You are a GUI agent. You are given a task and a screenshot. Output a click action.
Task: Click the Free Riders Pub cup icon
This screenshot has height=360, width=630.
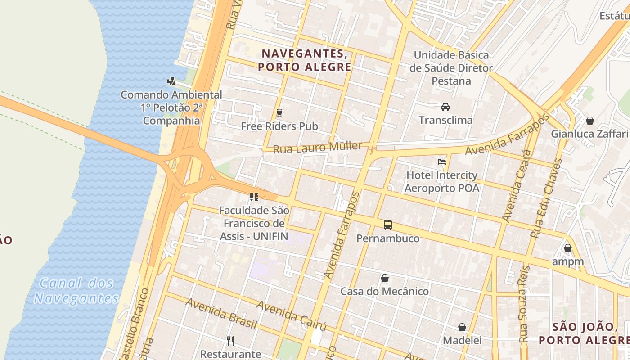pos(279,112)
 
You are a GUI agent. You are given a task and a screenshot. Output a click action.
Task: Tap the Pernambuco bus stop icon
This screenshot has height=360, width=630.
pos(387,225)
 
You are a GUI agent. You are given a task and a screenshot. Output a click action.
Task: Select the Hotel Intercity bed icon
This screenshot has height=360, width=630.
pos(442,162)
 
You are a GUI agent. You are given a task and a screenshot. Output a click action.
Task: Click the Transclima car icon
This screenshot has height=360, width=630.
pos(445,107)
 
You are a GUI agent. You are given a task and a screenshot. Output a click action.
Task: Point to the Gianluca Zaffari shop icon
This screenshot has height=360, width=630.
pos(589,120)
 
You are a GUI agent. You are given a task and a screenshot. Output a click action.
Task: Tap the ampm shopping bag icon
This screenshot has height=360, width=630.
pos(568,248)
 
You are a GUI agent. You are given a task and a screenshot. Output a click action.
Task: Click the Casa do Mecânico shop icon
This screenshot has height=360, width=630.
pos(385,278)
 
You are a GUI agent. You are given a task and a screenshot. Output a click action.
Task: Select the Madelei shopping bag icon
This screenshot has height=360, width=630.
pos(462,327)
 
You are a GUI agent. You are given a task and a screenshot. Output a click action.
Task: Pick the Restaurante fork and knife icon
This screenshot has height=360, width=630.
pos(230,341)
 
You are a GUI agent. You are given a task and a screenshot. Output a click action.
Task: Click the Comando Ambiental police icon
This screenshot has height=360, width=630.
pos(171,81)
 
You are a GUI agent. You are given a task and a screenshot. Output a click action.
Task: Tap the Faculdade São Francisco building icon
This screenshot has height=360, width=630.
pos(254,197)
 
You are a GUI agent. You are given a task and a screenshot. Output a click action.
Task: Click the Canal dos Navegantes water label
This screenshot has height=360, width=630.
pos(76,291)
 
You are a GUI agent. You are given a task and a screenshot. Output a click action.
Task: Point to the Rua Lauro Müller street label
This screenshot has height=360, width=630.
pos(318,147)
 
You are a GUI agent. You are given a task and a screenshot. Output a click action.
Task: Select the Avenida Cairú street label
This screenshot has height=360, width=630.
pos(291,315)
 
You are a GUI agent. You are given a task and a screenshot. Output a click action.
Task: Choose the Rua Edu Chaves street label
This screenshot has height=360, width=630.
pos(546,198)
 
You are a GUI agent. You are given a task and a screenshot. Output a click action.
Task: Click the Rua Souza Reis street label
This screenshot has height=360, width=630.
pos(525,304)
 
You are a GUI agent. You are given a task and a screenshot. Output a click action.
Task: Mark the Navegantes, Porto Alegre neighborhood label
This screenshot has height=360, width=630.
pos(305,60)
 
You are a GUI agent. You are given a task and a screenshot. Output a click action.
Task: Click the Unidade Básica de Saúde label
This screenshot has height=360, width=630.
pos(451,68)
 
